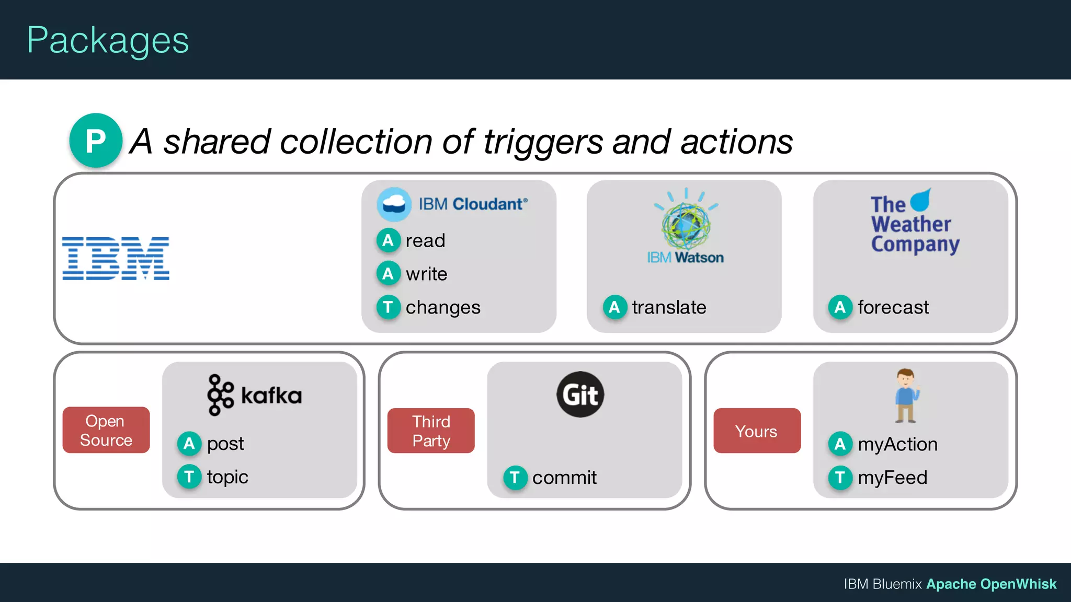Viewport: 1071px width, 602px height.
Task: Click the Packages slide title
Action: tap(108, 41)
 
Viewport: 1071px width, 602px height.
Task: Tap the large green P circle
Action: tap(96, 141)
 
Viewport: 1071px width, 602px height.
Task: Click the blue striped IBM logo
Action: tap(116, 258)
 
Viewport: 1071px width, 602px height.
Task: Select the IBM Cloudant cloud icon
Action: tap(394, 204)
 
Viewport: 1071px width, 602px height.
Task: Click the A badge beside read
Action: tap(388, 240)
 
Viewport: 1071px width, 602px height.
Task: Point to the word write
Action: tap(426, 274)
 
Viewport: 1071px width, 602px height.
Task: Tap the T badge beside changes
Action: tap(388, 307)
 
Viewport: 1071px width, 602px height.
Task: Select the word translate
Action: tap(669, 307)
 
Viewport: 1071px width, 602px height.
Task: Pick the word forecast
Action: tap(893, 307)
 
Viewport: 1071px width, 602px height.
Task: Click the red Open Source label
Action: tap(106, 430)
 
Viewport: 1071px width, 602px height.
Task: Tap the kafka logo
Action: tap(255, 395)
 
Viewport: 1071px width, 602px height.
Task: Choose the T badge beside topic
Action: tap(189, 477)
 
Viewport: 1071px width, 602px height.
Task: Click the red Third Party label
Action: tap(431, 431)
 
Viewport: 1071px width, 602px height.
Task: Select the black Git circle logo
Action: tap(580, 395)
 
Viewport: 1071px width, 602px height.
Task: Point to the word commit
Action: tap(564, 478)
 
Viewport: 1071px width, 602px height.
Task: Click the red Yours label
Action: tap(756, 431)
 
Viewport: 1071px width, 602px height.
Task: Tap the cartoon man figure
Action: tap(906, 396)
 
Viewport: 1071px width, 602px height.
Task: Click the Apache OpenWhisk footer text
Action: tap(991, 584)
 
